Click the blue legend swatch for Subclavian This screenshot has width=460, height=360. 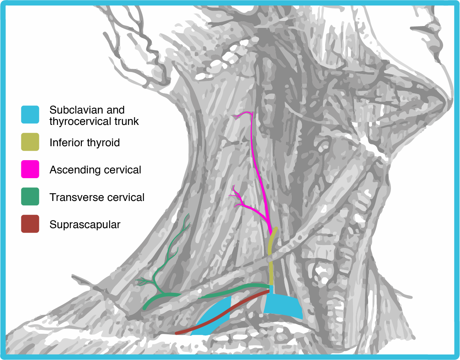(30, 115)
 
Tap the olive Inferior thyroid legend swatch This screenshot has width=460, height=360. (30, 142)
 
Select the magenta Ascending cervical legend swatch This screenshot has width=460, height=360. (30, 170)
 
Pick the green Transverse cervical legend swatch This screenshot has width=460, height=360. (30, 197)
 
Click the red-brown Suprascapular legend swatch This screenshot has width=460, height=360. (30, 224)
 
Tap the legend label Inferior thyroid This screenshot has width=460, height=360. (85, 143)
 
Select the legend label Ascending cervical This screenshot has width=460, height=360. (95, 170)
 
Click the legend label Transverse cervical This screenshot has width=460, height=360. (97, 197)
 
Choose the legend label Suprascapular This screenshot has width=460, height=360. (85, 224)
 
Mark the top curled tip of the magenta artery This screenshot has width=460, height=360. (234, 116)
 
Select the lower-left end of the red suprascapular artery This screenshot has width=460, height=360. (177, 333)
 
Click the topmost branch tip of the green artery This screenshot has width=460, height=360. (188, 215)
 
